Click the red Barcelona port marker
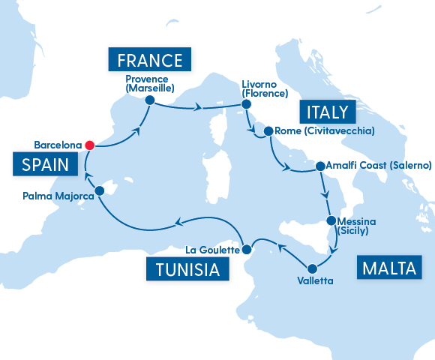[x=89, y=145]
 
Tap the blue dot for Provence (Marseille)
[x=149, y=100]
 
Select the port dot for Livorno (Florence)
[x=245, y=106]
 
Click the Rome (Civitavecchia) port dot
[x=268, y=132]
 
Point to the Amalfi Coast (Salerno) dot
[x=320, y=166]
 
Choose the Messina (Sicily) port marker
[x=331, y=221]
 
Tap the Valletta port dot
[x=310, y=268]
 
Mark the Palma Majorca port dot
[x=100, y=190]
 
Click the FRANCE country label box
[x=149, y=60]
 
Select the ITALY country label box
[x=326, y=112]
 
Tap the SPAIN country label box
[x=44, y=164]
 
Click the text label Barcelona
[x=58, y=145]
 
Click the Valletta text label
[x=313, y=281]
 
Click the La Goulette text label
[x=212, y=250]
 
